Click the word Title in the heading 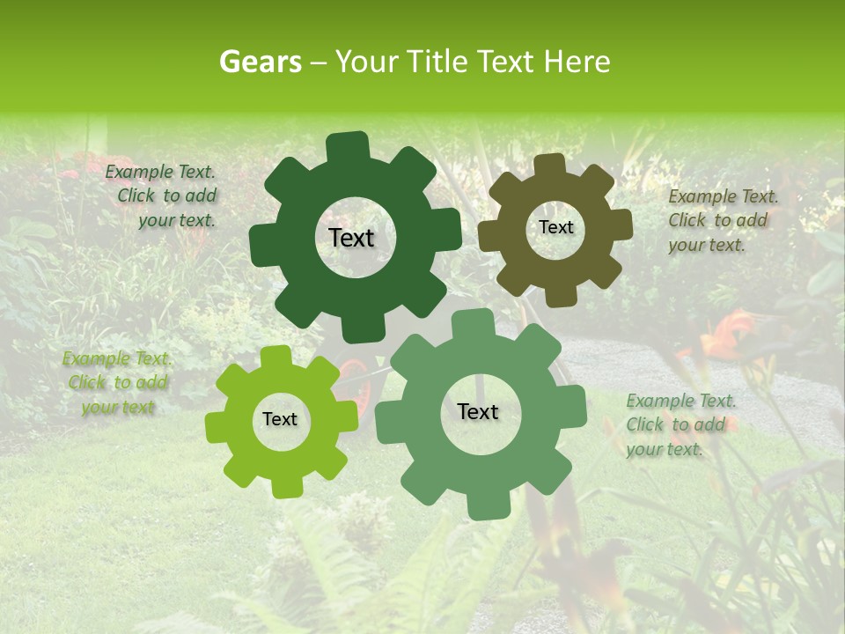coord(440,62)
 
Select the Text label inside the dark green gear coord(351,238)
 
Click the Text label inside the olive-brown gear coord(555,227)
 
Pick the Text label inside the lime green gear coord(280,419)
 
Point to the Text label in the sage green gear coord(478,411)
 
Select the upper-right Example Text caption coord(722,220)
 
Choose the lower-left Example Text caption coord(117,383)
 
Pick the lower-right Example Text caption coord(680,424)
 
